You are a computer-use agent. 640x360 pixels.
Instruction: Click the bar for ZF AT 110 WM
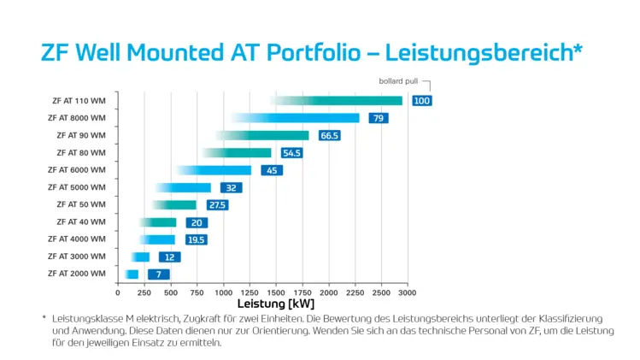337,101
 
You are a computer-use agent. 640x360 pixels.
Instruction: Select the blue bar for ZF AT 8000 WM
296,118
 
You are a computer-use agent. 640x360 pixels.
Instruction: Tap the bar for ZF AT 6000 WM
214,170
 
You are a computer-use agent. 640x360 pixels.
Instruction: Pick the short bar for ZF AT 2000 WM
132,274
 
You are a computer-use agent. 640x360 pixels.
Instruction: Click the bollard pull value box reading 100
422,101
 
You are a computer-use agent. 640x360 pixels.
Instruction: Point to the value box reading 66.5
329,135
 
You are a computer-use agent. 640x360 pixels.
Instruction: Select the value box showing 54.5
292,153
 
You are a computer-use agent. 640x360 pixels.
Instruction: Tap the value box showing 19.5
197,239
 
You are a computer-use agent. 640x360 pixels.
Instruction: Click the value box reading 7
159,274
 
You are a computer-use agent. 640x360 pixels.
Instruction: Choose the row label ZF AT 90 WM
81,135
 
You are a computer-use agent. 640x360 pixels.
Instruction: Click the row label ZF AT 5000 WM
77,187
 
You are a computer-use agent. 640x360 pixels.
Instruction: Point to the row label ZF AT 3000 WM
77,257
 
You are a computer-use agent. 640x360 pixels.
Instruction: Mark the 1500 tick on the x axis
276,292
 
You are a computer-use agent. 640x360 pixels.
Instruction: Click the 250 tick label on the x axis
144,292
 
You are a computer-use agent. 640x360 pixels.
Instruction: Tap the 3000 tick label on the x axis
408,292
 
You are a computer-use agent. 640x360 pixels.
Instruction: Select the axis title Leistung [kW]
276,304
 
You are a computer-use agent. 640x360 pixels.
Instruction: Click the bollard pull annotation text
398,81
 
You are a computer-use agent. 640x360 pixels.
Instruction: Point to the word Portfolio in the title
314,52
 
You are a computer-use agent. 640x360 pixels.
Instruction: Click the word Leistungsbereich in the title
479,52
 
